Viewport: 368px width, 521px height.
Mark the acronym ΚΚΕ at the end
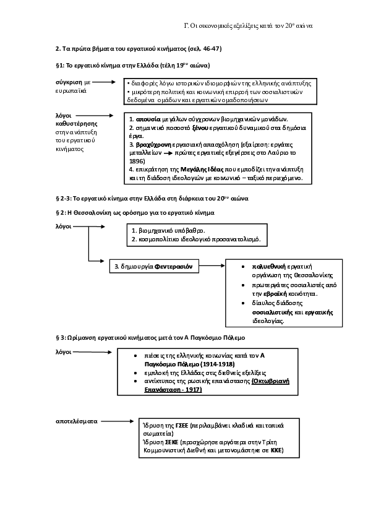(x=276, y=451)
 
